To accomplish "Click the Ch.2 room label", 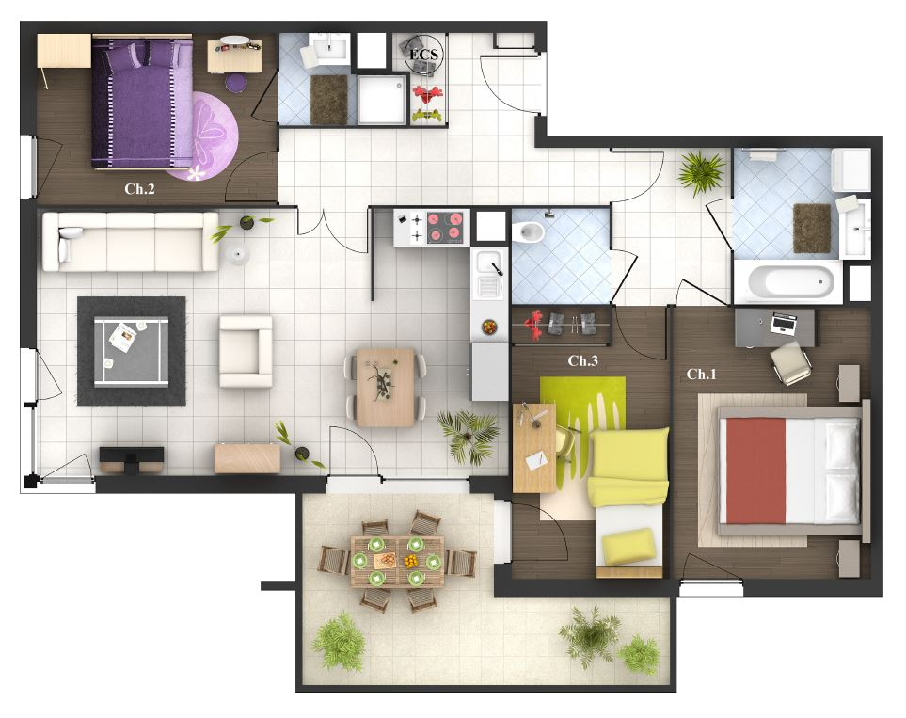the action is click(x=139, y=188).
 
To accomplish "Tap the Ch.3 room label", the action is click(x=582, y=360).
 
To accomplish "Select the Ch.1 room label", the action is click(x=701, y=374).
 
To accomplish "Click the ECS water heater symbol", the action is click(x=424, y=55).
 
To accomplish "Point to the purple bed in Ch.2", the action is click(x=142, y=103).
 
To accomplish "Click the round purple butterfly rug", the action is click(x=202, y=136).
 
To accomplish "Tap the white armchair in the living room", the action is click(x=246, y=351).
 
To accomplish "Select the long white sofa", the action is click(x=130, y=241).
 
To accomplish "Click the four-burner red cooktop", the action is click(x=445, y=227).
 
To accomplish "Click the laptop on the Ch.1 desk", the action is click(x=784, y=324).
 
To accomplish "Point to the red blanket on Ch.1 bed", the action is click(x=755, y=471).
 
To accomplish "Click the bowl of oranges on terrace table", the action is click(x=411, y=561).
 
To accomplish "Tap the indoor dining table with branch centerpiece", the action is click(x=386, y=387).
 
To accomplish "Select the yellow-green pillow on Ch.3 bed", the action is click(x=628, y=548).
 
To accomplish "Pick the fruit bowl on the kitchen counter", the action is click(x=489, y=327).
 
